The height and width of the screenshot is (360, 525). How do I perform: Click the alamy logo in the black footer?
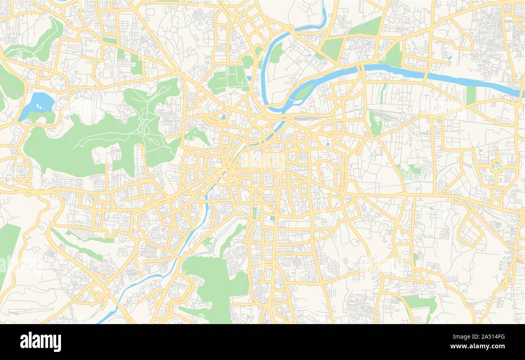pos(40,341)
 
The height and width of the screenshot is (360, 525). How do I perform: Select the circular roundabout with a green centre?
pos(497,165)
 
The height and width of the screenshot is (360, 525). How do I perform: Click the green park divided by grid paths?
pos(229,79)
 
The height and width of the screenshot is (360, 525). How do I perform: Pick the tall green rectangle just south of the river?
pos(470,95)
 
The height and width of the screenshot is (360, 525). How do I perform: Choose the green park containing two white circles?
pos(208,242)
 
